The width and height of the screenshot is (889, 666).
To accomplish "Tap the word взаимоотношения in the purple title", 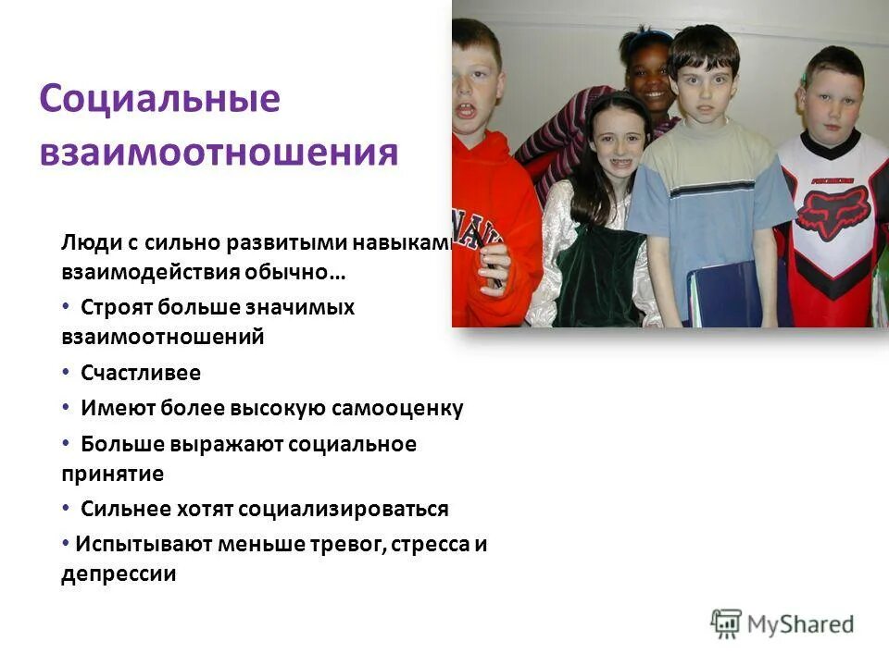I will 219,152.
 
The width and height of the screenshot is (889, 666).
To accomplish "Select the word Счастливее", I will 140,373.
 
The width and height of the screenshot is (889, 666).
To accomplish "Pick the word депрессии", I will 119,573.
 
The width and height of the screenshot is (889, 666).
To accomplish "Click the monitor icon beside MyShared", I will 726,623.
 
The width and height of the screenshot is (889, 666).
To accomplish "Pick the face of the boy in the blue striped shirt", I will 707,88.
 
